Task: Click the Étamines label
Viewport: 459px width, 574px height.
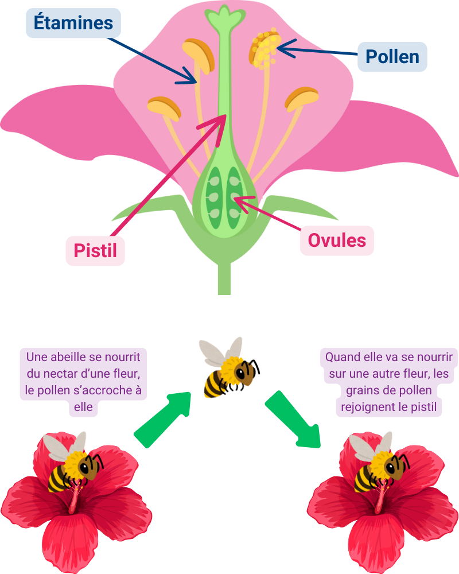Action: click(x=73, y=24)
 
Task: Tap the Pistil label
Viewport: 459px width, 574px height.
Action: click(x=95, y=250)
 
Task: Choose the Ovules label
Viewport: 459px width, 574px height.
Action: click(x=337, y=241)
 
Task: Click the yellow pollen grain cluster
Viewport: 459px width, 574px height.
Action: click(x=264, y=48)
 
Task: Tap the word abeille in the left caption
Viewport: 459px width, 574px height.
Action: click(x=69, y=356)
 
